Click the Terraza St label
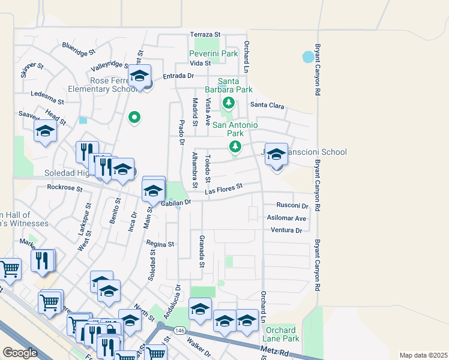point(206,34)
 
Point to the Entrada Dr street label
point(178,76)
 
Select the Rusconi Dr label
point(292,205)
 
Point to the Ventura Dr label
point(286,230)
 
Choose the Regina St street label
point(161,244)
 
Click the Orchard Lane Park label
point(281,334)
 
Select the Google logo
point(20,353)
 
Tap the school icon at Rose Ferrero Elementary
point(140,77)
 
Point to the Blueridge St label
point(78,46)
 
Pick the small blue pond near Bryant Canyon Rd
point(309,58)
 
